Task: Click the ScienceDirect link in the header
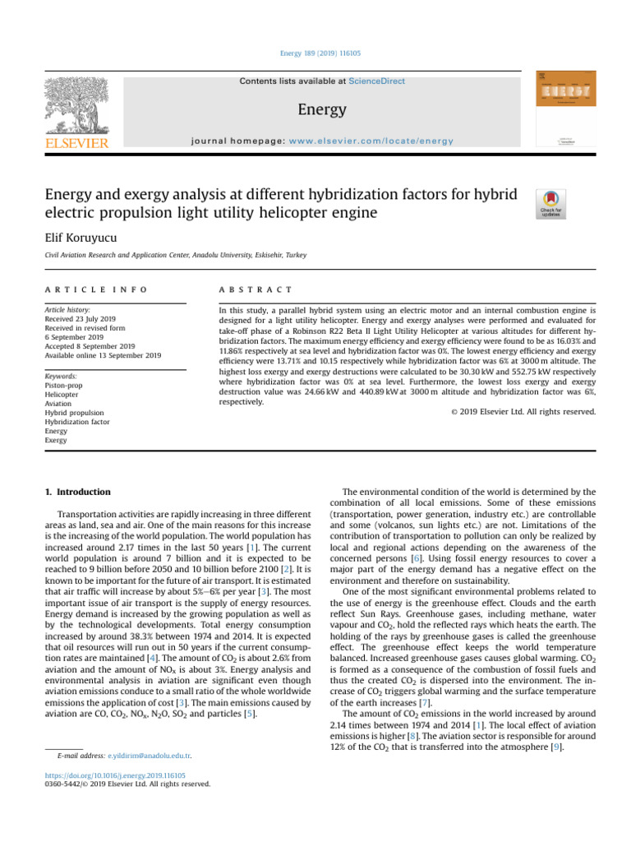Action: point(376,81)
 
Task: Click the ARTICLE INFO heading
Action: point(97,290)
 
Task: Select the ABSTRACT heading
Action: point(256,290)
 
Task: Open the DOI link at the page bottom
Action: point(115,775)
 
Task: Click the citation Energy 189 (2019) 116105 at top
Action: point(316,53)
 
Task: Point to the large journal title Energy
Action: point(322,109)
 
